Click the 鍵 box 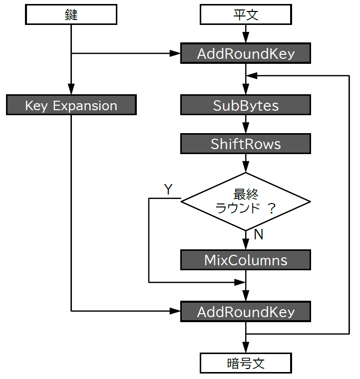click(71, 15)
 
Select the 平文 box click(245, 15)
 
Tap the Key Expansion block click(71, 106)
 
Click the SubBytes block click(245, 106)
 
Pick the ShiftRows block click(245, 144)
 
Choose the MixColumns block click(245, 260)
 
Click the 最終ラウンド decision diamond click(245, 202)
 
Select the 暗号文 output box click(245, 363)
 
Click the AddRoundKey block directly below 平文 click(245, 54)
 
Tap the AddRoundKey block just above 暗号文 click(245, 312)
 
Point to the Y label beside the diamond click(168, 189)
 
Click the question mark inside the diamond click(272, 208)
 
